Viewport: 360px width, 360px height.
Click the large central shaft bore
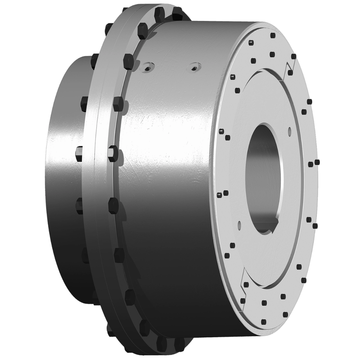pos(264,174)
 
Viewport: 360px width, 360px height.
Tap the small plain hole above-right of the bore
pos(289,131)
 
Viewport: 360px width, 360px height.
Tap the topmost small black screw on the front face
pos(273,35)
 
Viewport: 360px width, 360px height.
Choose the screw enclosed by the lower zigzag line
pos(245,284)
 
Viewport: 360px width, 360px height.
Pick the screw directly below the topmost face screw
pos(271,54)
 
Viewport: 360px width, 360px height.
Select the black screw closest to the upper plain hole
pos(304,112)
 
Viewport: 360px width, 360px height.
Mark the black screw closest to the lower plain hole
pos(232,245)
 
